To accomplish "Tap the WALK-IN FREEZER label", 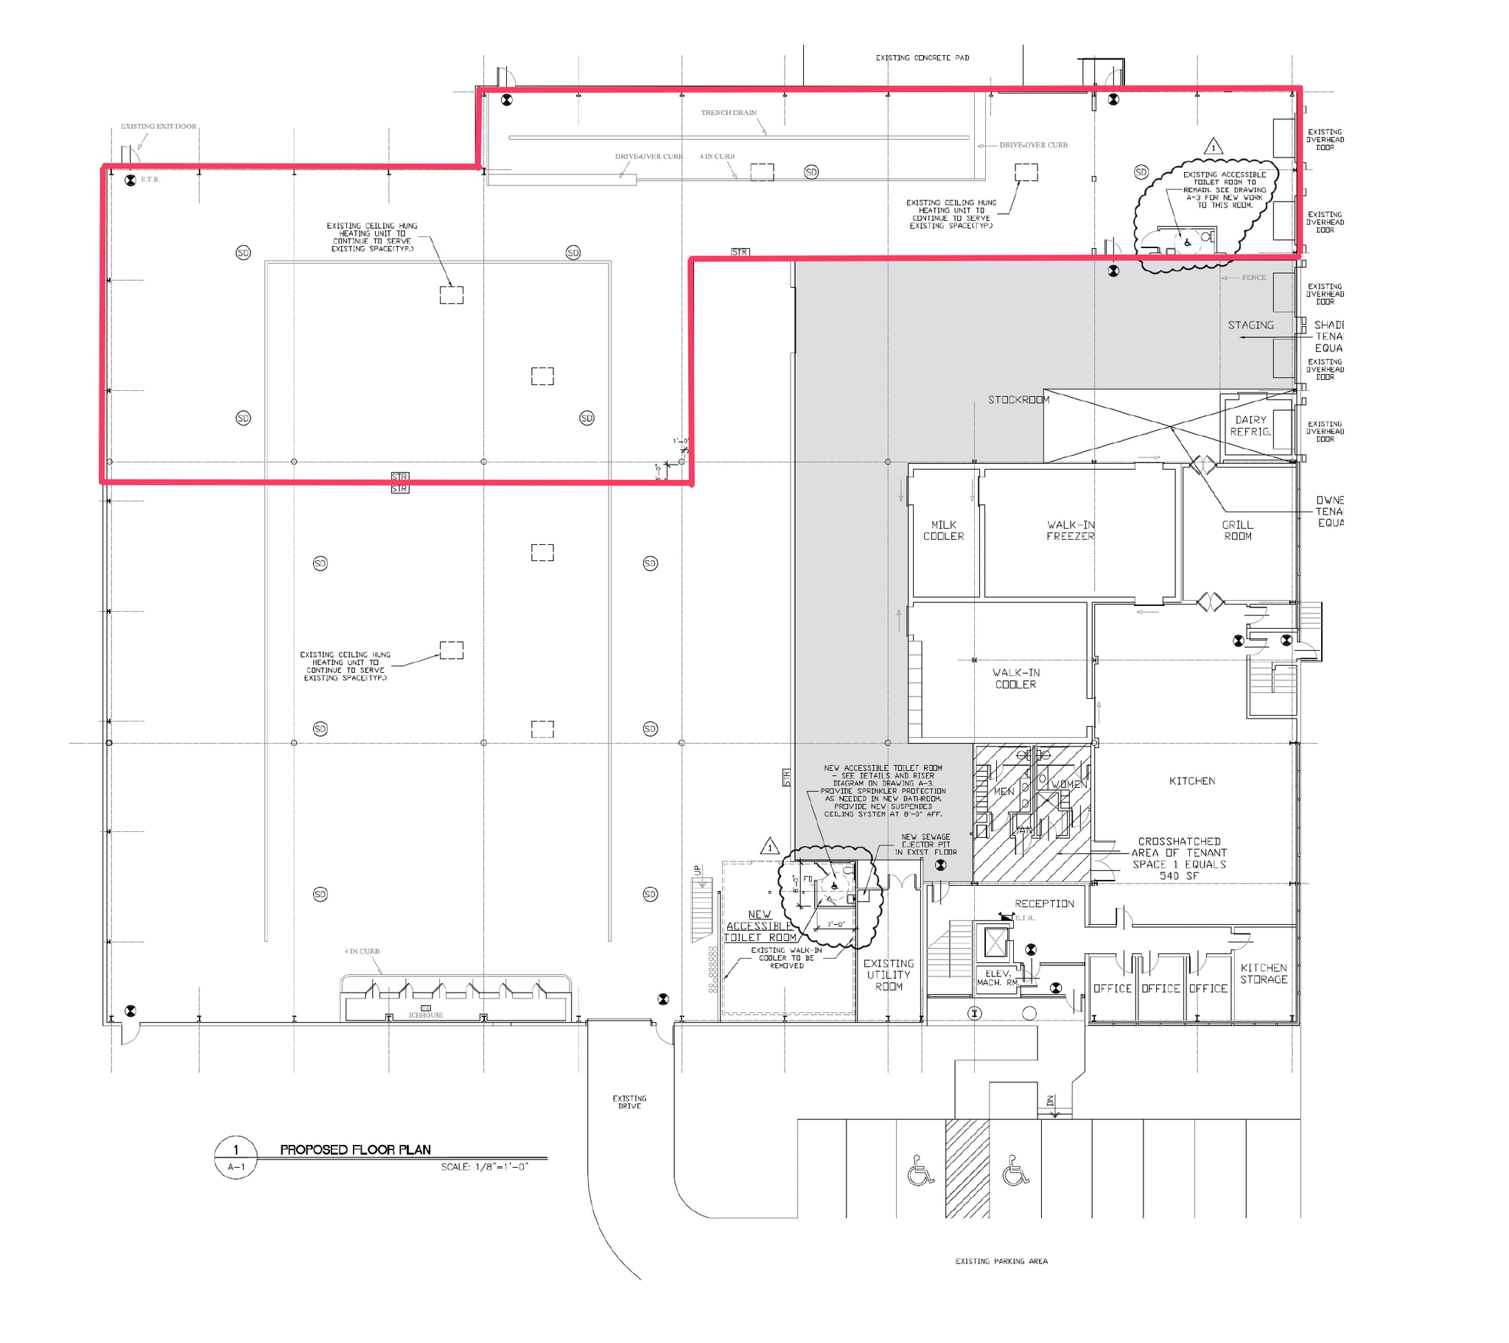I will click(x=1070, y=531).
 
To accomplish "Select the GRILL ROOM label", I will click(x=1237, y=531).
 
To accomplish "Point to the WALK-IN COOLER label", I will click(x=1015, y=678).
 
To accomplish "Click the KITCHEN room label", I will click(x=1191, y=780).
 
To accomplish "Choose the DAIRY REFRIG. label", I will click(x=1250, y=426).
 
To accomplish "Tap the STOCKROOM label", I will click(x=1018, y=400).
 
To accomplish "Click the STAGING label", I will click(x=1250, y=325).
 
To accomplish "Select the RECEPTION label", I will click(x=1044, y=903).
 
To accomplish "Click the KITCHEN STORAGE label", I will click(x=1263, y=973).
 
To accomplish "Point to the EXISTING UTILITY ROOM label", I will click(x=888, y=975).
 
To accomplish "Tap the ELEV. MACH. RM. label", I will click(x=998, y=978).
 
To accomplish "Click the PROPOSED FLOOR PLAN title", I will click(x=355, y=1149).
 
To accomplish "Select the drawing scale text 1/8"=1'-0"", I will click(x=484, y=1166).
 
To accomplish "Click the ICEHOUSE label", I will click(x=426, y=1015).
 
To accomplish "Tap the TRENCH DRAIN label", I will click(x=728, y=113).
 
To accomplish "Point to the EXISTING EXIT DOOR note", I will click(x=158, y=126).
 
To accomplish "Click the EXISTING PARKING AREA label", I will click(x=1001, y=1261).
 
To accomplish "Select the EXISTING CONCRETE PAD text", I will click(x=922, y=57).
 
